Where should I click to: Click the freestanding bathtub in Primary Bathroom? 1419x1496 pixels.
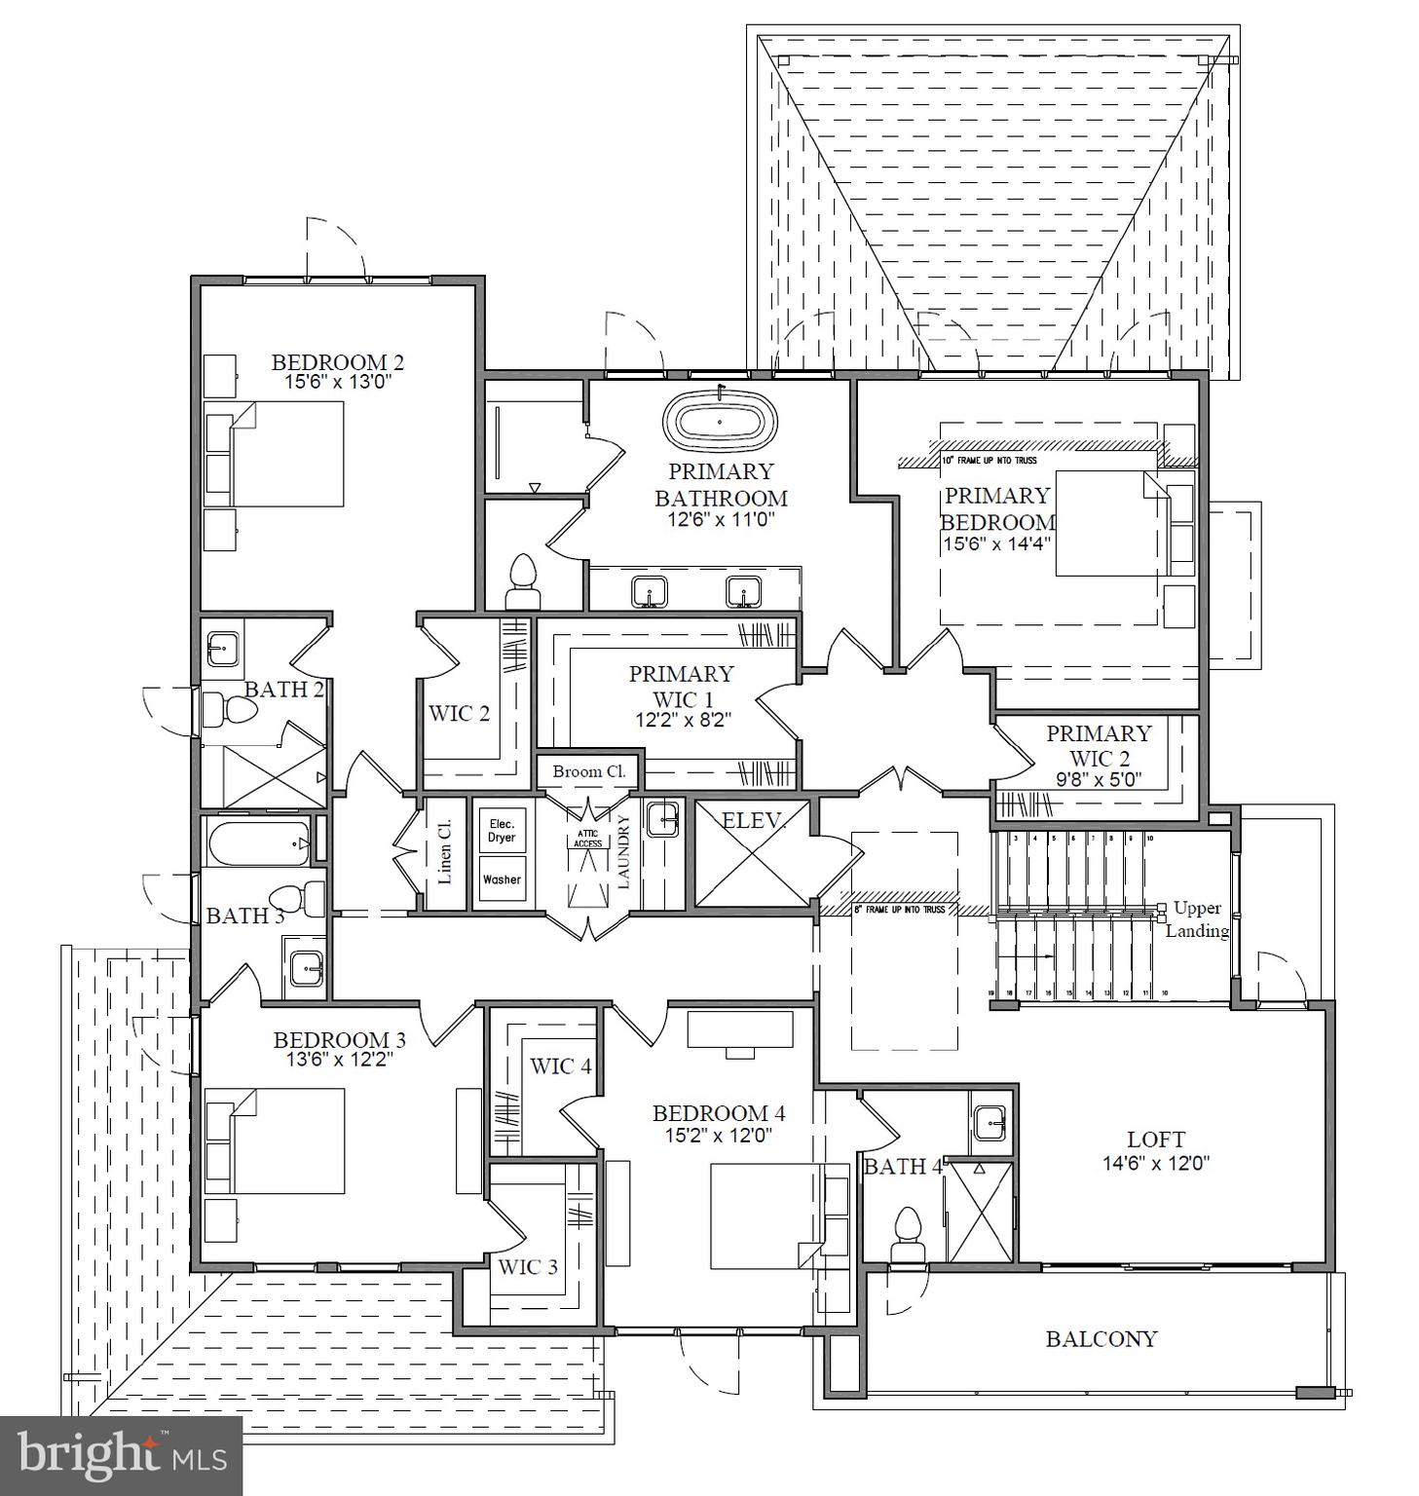click(x=720, y=421)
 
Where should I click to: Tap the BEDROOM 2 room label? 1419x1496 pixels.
click(x=337, y=362)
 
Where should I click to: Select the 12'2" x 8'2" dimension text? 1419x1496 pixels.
click(x=680, y=720)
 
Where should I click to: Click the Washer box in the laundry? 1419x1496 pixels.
click(x=502, y=879)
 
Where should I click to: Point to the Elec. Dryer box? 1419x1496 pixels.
click(x=502, y=831)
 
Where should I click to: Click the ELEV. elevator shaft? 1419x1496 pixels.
click(x=752, y=854)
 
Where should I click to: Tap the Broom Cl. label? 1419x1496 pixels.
click(x=588, y=771)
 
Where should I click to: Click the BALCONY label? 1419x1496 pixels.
click(x=1101, y=1339)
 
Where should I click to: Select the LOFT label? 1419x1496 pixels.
click(x=1156, y=1139)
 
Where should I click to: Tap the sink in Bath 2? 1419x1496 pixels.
click(x=223, y=646)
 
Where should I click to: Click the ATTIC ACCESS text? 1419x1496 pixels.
click(x=587, y=839)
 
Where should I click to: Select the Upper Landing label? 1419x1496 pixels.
click(x=1197, y=919)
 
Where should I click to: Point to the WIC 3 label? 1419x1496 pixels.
click(x=528, y=1267)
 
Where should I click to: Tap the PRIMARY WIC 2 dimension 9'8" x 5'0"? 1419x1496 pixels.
click(x=1098, y=780)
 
